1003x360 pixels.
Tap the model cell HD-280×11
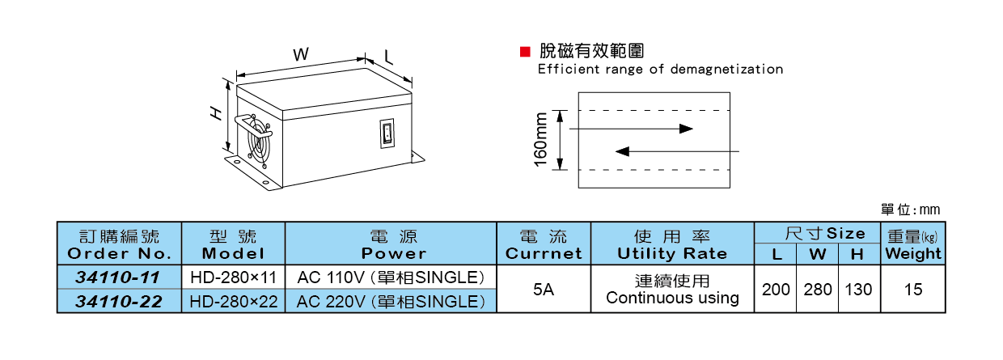click(234, 277)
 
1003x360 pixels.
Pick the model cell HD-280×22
click(234, 302)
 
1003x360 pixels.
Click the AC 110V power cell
click(391, 277)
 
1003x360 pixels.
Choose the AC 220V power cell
click(391, 302)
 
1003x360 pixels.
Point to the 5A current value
click(544, 289)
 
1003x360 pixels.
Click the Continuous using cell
click(672, 290)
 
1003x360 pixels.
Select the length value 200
click(776, 289)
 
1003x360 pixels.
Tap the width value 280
click(818, 289)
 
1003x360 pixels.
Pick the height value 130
click(858, 289)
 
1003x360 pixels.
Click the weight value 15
click(913, 289)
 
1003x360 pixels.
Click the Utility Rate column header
click(672, 244)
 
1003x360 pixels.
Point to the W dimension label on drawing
click(300, 54)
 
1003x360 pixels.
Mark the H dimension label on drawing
click(216, 114)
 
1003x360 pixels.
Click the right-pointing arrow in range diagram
click(631, 128)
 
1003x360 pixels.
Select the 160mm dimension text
click(541, 139)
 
